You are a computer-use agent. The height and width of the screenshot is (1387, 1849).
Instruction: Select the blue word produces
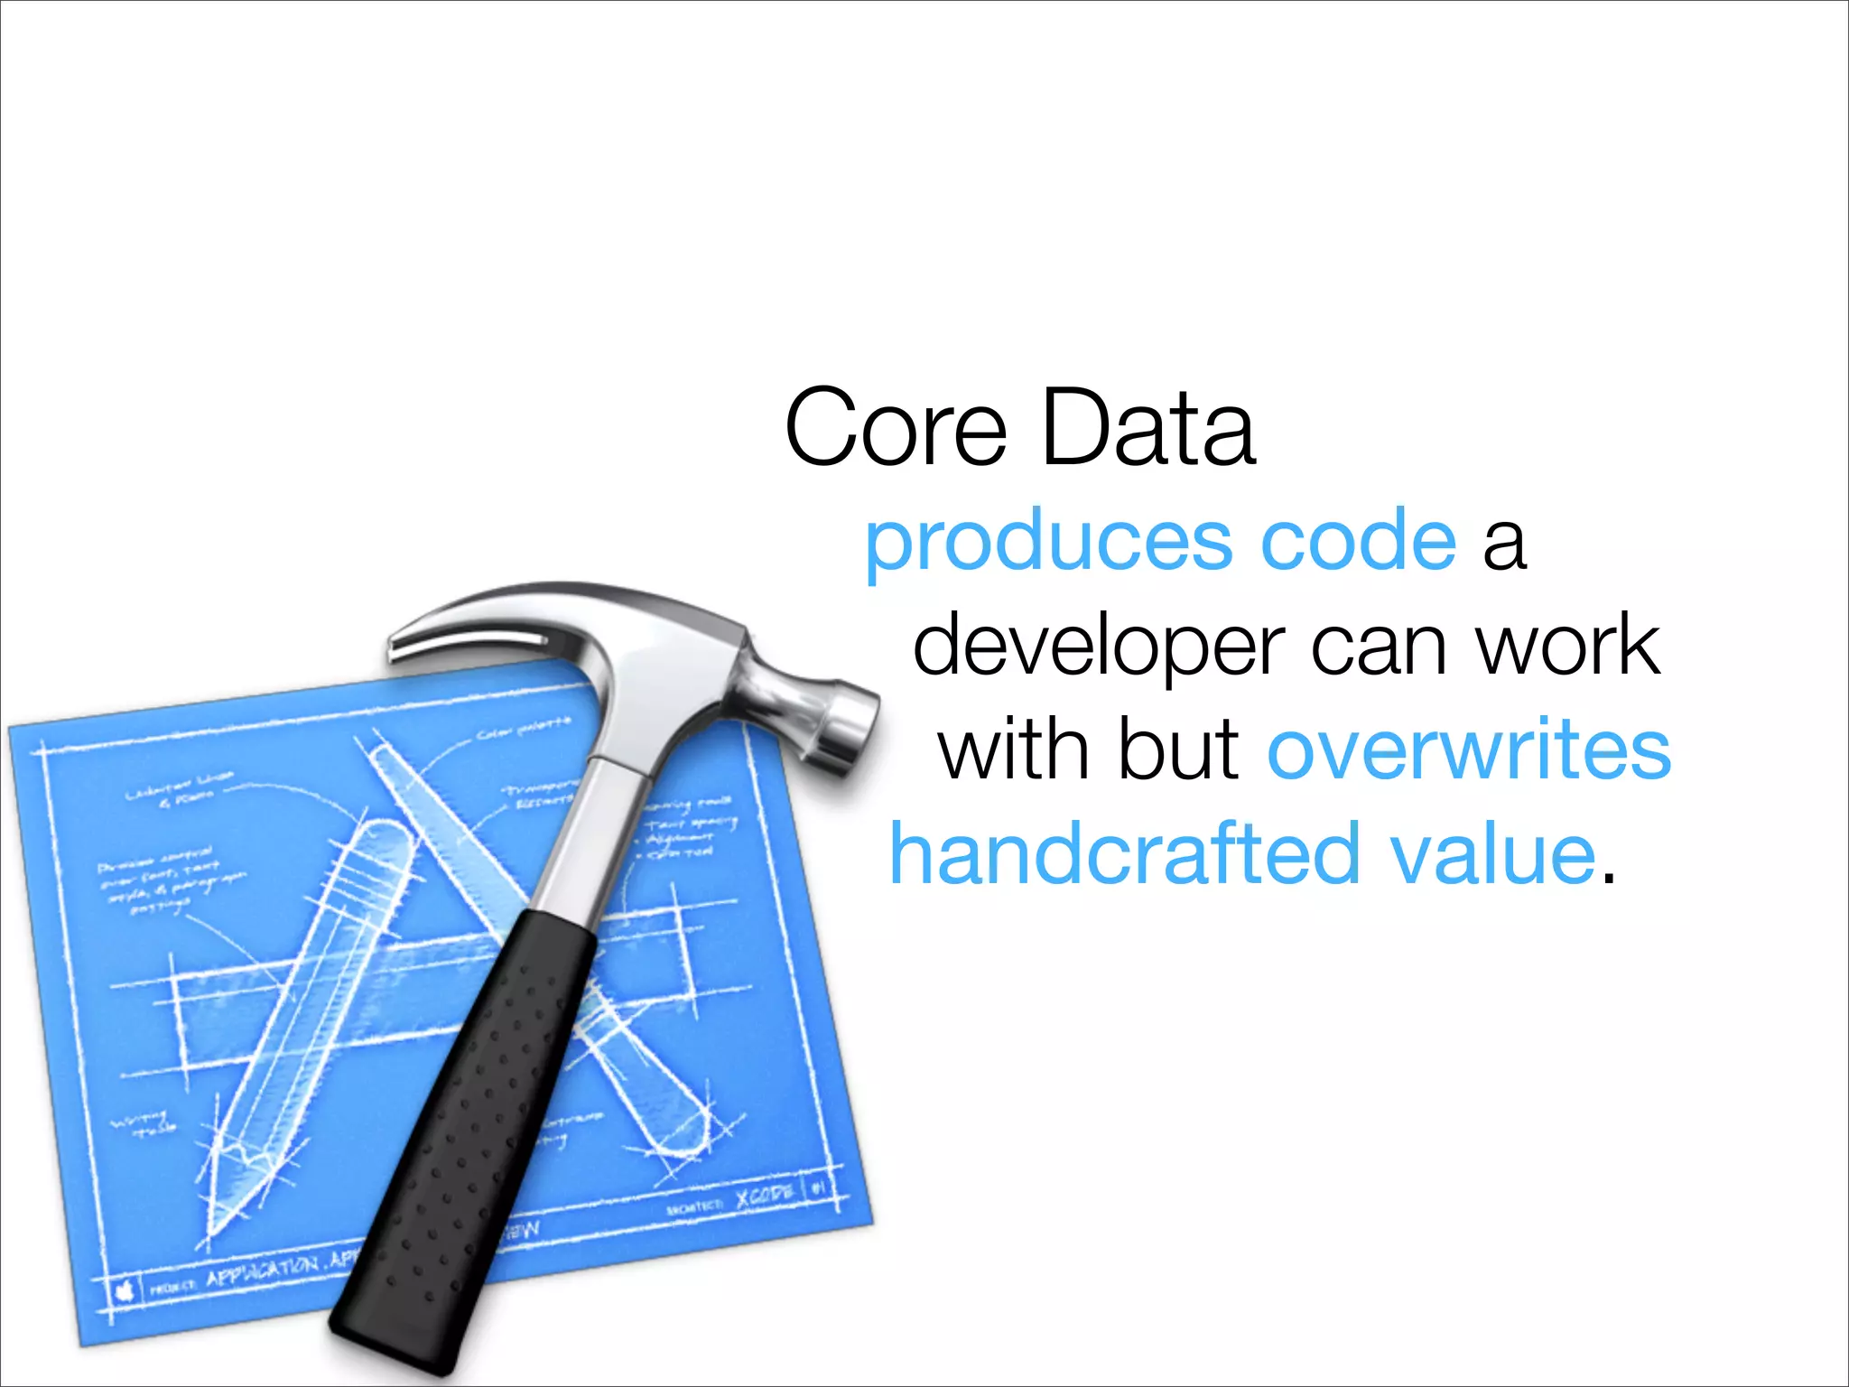(1048, 542)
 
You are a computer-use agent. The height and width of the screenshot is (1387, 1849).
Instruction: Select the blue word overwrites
(1469, 749)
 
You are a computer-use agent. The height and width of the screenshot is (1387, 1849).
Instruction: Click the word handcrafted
(1125, 853)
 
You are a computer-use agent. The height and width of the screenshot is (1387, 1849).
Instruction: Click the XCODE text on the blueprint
(764, 1196)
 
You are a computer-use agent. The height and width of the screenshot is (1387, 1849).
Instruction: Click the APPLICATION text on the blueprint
(262, 1273)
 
